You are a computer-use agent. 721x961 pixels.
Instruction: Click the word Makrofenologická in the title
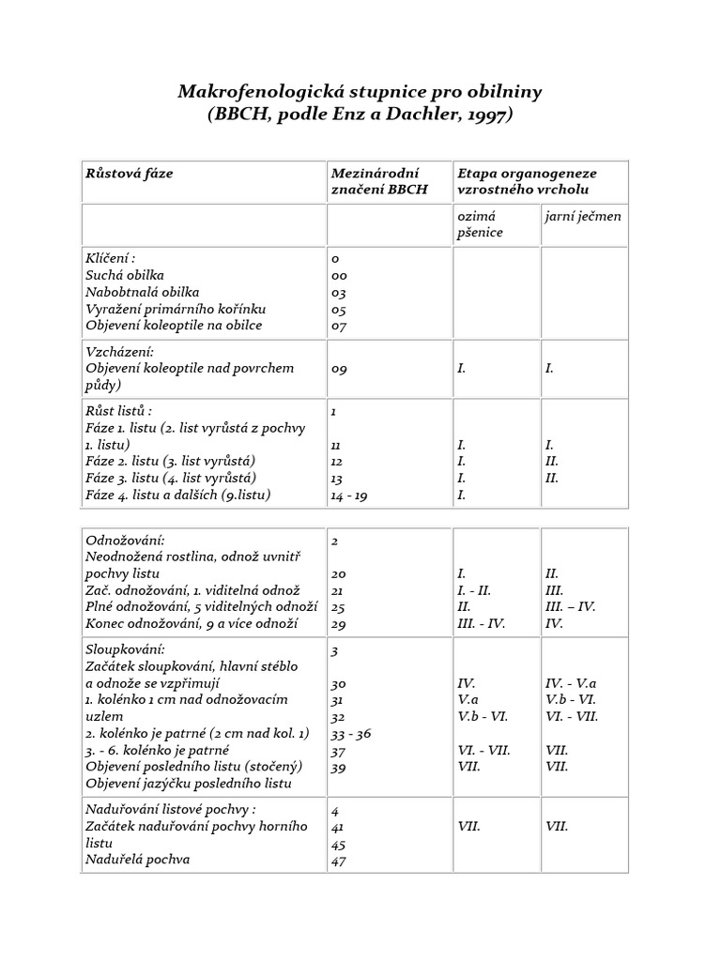pos(265,92)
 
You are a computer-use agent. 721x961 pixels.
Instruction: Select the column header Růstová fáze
pos(130,174)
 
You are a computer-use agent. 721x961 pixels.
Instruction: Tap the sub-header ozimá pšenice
pos(480,224)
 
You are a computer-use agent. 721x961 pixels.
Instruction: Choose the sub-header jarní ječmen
pos(583,217)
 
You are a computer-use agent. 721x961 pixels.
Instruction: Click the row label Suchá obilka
pos(125,274)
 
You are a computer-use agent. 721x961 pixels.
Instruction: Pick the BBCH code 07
pos(340,326)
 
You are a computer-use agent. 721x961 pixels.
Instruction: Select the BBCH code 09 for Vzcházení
pos(340,369)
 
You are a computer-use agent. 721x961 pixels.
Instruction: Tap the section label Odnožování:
pos(125,541)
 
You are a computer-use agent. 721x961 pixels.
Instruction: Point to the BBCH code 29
pos(340,624)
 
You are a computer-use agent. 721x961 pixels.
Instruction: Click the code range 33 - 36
pos(353,733)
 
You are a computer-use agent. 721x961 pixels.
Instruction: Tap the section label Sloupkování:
pos(126,648)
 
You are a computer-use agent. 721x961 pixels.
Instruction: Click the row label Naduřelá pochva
pos(137,859)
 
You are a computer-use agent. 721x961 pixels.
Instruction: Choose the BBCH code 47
pos(340,861)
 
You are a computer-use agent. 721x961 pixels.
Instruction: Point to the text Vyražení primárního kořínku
pos(176,308)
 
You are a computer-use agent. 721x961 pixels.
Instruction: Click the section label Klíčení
pos(109,257)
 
